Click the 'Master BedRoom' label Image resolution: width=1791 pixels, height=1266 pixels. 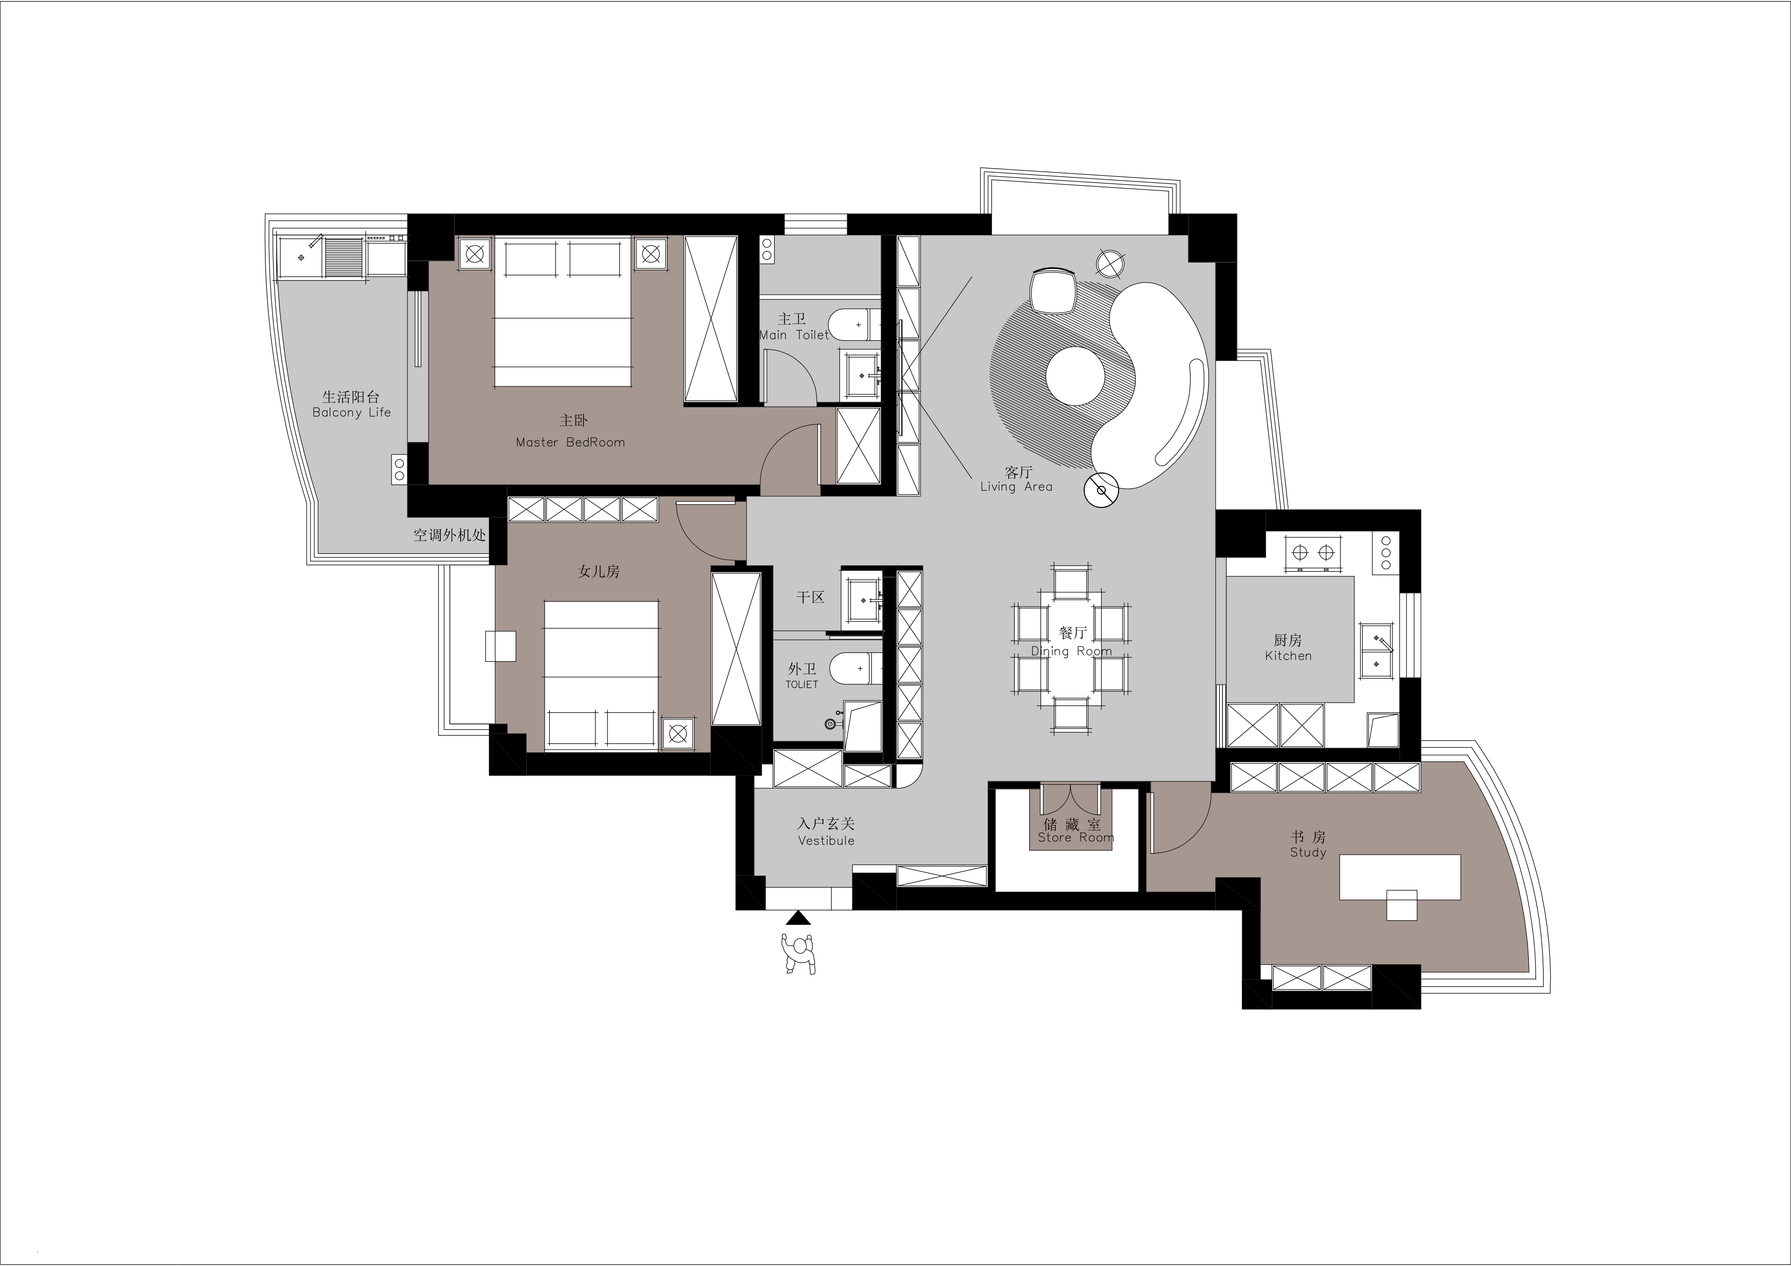click(x=570, y=442)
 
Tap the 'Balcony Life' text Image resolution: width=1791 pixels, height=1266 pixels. click(x=352, y=413)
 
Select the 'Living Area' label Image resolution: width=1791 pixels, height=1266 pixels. click(x=1016, y=487)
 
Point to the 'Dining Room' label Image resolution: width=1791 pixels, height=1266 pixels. click(x=1071, y=651)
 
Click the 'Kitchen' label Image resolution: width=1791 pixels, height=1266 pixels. click(x=1289, y=656)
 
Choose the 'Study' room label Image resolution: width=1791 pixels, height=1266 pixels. click(x=1308, y=853)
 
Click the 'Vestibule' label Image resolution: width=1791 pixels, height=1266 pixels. click(x=826, y=841)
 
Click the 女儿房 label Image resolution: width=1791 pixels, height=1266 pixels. click(x=598, y=572)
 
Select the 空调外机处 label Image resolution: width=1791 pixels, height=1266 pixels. click(x=449, y=535)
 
